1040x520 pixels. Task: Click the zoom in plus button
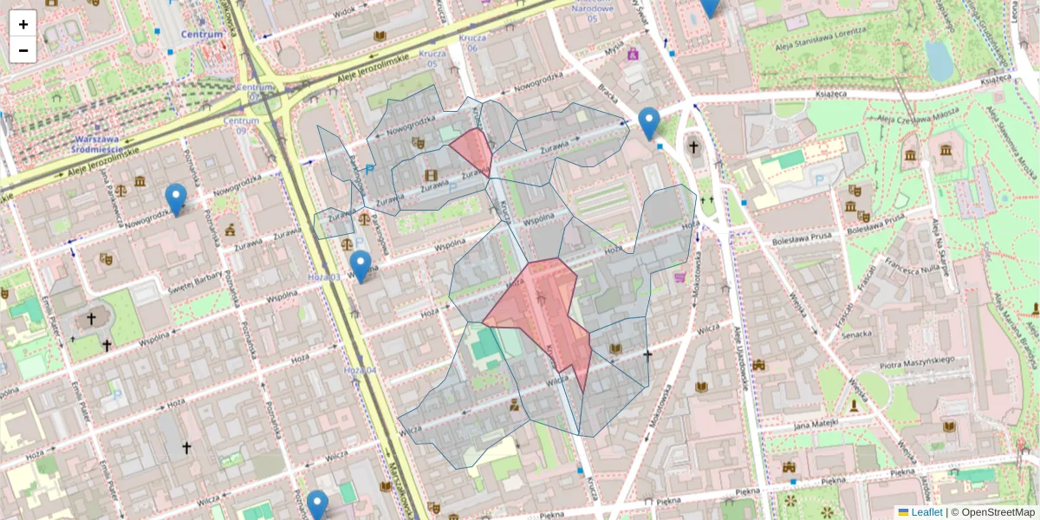(x=23, y=23)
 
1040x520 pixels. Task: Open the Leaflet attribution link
(x=926, y=512)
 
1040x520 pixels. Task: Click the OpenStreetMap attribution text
(x=998, y=512)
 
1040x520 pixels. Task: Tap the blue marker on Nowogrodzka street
(x=176, y=199)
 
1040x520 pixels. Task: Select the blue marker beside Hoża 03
(x=361, y=265)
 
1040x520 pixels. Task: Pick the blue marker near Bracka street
(x=648, y=122)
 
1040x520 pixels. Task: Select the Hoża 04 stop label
(x=361, y=371)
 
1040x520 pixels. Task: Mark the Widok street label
(x=344, y=10)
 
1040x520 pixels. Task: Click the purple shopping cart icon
(x=680, y=277)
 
